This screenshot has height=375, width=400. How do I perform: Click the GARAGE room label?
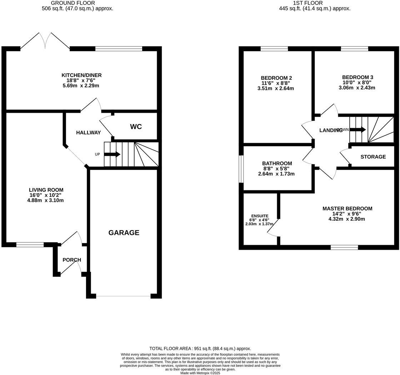coord(124,233)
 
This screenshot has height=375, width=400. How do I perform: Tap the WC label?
coord(136,127)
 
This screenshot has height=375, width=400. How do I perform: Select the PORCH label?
coord(72,260)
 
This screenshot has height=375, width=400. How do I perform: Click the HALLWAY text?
coord(88,132)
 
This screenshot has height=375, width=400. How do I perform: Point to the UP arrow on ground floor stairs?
coord(112,154)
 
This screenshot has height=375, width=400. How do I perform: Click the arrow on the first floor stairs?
coord(358,130)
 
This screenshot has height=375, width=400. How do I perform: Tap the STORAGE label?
coord(373,157)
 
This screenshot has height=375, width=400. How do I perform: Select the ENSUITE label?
coord(260,216)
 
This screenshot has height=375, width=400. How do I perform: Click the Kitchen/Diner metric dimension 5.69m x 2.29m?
coord(81,86)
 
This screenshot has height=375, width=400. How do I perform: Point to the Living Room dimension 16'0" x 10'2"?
coord(46,195)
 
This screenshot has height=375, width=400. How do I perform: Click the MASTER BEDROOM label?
coord(347,209)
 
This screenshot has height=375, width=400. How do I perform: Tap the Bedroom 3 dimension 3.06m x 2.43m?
coord(357,88)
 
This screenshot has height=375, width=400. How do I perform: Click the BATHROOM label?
coord(277,164)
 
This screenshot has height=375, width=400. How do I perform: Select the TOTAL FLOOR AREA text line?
coord(200,348)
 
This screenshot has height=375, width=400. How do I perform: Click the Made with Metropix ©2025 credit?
coord(200,373)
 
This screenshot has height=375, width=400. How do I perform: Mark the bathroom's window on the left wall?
coord(241,169)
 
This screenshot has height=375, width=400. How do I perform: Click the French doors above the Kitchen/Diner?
coord(45,41)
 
